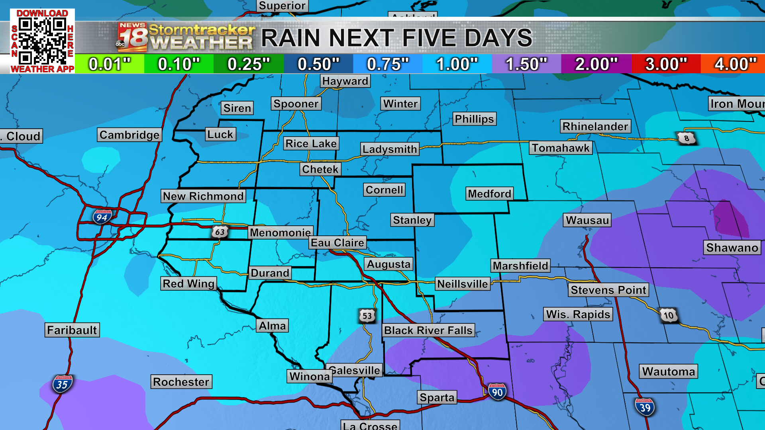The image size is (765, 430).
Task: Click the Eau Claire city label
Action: pyautogui.click(x=337, y=242)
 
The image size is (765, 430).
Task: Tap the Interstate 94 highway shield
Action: pyautogui.click(x=102, y=217)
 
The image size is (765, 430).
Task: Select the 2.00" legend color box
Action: pyautogui.click(x=596, y=64)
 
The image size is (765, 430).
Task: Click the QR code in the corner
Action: pyautogui.click(x=42, y=41)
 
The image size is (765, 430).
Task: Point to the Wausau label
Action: pyautogui.click(x=587, y=220)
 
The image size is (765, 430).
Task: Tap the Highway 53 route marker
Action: pyautogui.click(x=367, y=316)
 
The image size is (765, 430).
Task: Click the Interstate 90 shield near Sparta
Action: pyautogui.click(x=497, y=392)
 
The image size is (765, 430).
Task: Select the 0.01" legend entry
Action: pyautogui.click(x=109, y=64)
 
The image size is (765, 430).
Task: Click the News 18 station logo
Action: pyautogui.click(x=132, y=37)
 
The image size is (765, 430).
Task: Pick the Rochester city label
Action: pyautogui.click(x=181, y=382)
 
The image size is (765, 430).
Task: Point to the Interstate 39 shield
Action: pyautogui.click(x=645, y=407)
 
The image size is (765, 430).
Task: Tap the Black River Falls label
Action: pyautogui.click(x=428, y=330)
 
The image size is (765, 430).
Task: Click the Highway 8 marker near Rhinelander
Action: pyautogui.click(x=686, y=138)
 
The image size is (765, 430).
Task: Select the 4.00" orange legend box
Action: pyautogui.click(x=733, y=64)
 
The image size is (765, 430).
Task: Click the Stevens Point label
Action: pyautogui.click(x=608, y=290)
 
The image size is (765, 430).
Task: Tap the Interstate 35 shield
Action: pyautogui.click(x=62, y=384)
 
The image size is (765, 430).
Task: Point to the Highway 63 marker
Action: pyautogui.click(x=220, y=232)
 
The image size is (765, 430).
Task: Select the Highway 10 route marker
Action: pyautogui.click(x=669, y=315)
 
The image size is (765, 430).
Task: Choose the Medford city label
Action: pyautogui.click(x=489, y=194)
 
